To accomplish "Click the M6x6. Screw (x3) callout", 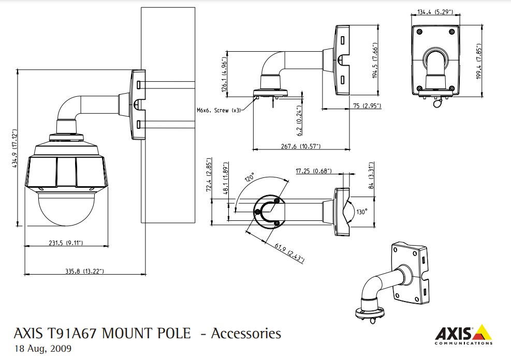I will tap(219, 110).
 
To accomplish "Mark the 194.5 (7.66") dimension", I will tap(376, 60).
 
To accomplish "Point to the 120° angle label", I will tap(250, 179).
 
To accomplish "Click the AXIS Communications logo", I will tap(463, 335).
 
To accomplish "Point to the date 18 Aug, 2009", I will tap(43, 348).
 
